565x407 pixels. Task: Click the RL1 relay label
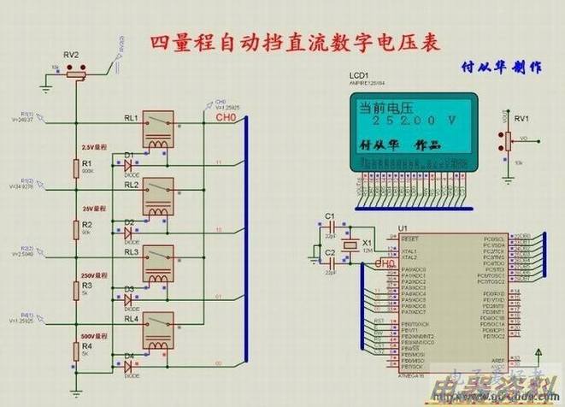pos(131,117)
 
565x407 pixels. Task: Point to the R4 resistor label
pos(86,346)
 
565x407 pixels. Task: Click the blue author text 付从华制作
pos(502,66)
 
